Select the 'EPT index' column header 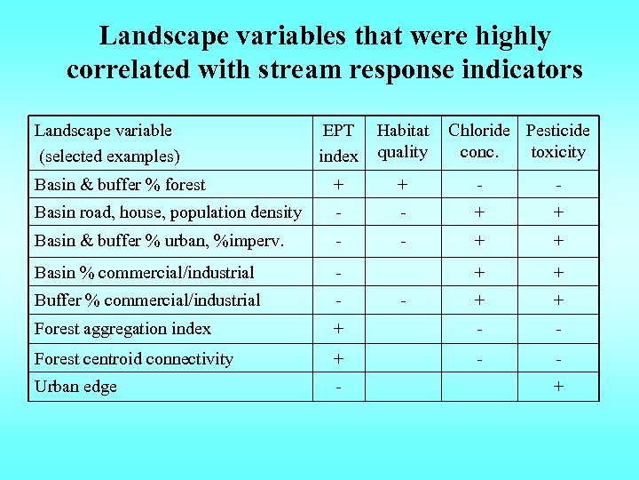(338, 143)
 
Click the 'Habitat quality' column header (402, 141)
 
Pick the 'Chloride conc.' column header (479, 141)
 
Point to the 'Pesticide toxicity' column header (557, 141)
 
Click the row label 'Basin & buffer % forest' (120, 185)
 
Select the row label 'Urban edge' (75, 387)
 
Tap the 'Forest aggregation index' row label (122, 329)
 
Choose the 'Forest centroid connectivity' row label (133, 359)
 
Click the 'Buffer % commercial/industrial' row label (147, 300)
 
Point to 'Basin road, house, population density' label (168, 212)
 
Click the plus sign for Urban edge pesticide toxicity (557, 387)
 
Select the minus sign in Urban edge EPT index (338, 387)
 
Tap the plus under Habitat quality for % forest (402, 185)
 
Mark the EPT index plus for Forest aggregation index (338, 329)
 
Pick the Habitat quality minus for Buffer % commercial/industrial (402, 300)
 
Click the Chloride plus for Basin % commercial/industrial (479, 273)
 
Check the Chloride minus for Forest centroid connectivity (479, 359)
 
